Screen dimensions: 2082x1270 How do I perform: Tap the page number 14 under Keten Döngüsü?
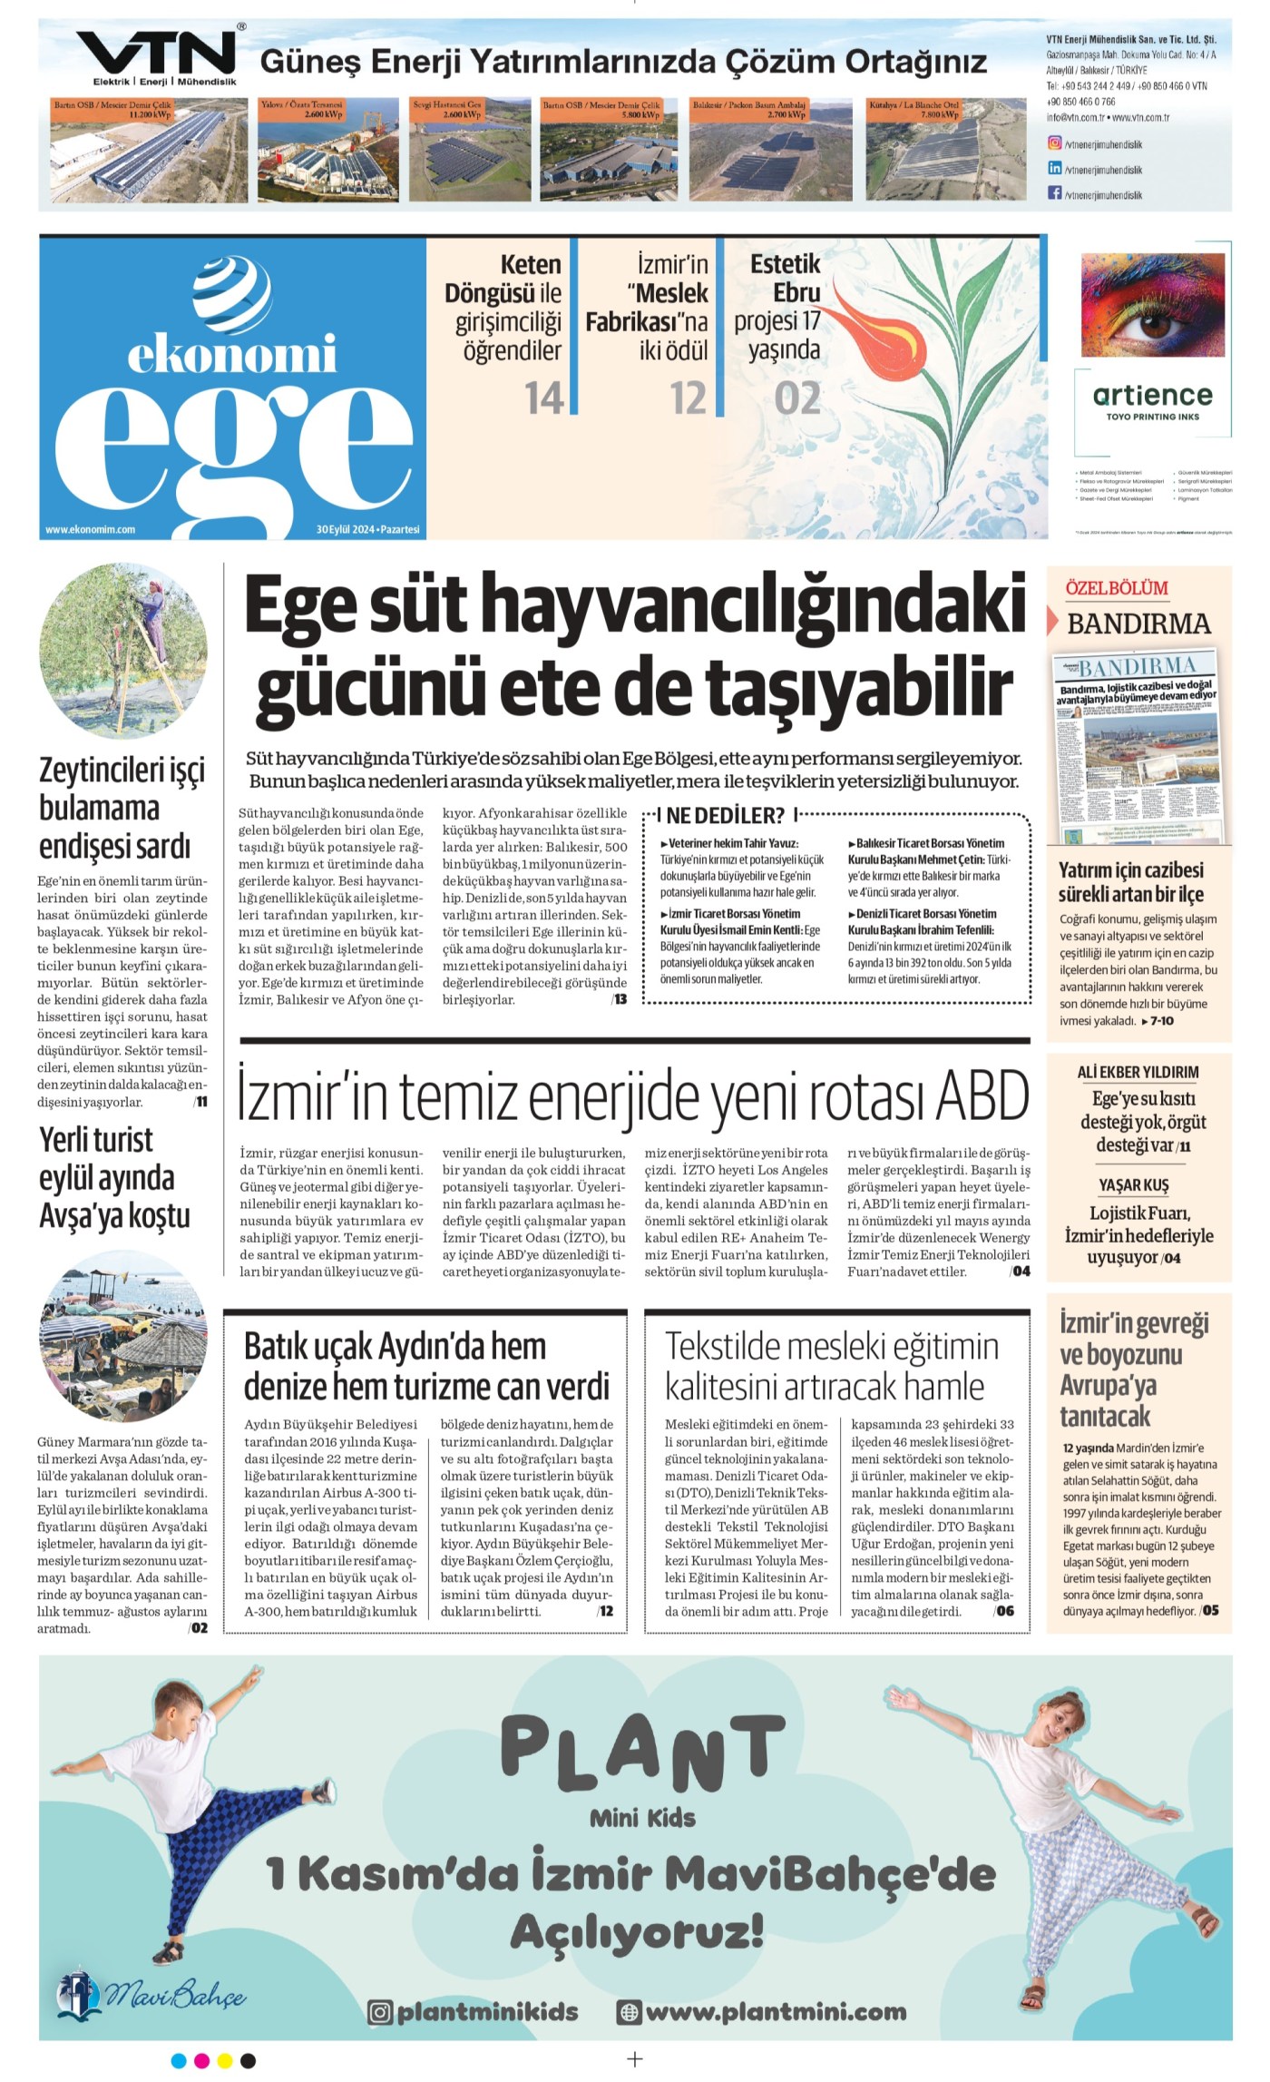tap(544, 398)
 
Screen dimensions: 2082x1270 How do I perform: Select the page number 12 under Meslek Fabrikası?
tap(688, 398)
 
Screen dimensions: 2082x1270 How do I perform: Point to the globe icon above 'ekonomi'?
tap(232, 295)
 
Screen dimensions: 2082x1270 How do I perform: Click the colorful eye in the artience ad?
tap(1152, 304)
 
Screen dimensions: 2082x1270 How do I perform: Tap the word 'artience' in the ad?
tap(1152, 395)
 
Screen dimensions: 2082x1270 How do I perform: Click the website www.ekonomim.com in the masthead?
tap(90, 529)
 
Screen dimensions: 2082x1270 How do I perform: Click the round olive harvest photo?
tap(124, 649)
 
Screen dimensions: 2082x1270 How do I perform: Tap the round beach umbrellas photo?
tap(124, 1336)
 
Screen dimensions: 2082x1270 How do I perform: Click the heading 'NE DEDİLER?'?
tap(725, 815)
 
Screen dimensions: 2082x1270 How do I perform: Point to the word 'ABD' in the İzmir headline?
tap(982, 1095)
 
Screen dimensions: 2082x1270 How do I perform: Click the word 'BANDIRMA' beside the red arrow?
tap(1138, 624)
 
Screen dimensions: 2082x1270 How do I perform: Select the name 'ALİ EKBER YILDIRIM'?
tap(1138, 1072)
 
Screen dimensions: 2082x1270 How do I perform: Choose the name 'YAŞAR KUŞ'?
tap(1134, 1185)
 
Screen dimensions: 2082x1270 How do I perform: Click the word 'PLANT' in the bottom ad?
tap(642, 1749)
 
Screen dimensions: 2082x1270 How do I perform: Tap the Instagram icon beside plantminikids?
tap(380, 2012)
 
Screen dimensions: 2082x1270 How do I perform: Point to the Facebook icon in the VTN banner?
tap(1055, 192)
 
